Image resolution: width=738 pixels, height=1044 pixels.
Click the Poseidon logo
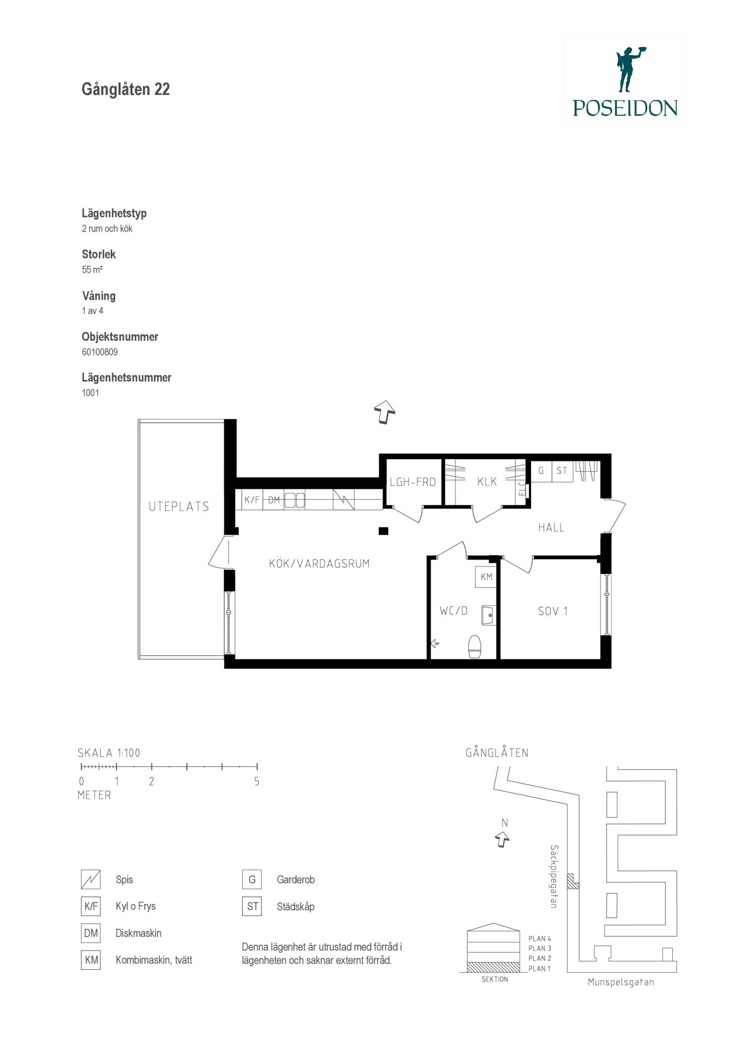pos(625,81)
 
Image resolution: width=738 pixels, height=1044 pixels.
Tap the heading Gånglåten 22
pos(126,90)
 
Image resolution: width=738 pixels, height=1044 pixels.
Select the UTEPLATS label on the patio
pos(179,506)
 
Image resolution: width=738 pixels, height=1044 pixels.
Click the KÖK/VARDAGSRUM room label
pos(319,564)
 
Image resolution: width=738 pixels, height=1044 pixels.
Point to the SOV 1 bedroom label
pos(553,611)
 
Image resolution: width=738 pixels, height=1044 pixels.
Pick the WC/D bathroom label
pos(453,610)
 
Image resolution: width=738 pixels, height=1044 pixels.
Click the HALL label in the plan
pos(551,528)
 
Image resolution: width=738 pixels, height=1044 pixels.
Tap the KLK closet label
pos(487,482)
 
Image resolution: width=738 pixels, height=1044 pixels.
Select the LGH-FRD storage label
pos(413,482)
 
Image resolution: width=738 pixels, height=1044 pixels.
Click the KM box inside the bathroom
pos(486,577)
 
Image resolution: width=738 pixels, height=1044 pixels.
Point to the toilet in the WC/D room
pos(474,647)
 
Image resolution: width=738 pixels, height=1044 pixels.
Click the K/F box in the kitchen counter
pos(252,500)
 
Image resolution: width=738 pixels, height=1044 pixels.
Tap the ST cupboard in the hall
pos(562,471)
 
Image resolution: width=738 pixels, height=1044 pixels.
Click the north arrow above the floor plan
pos(384,412)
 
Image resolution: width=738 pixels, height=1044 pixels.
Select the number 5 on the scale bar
pos(256,782)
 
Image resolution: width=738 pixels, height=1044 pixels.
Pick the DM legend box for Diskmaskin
pos(91,933)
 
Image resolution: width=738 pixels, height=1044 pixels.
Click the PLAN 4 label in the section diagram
pos(540,939)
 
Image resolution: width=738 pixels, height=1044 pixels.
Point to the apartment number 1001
pos(90,393)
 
